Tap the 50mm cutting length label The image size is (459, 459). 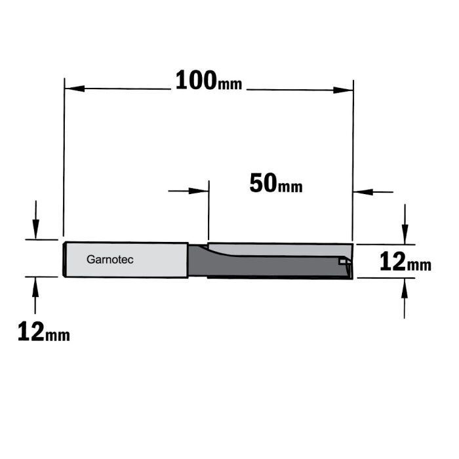pos(275,184)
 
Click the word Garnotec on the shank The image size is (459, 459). pos(110,260)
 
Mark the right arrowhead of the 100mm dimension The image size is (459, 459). pos(344,89)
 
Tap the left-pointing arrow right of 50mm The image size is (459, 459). pos(363,192)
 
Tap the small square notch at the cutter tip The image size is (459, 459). pos(342,260)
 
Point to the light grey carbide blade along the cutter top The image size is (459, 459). pos(275,247)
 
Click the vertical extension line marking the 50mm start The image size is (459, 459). pos(208,210)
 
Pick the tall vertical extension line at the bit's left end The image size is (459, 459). pos(64,157)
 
